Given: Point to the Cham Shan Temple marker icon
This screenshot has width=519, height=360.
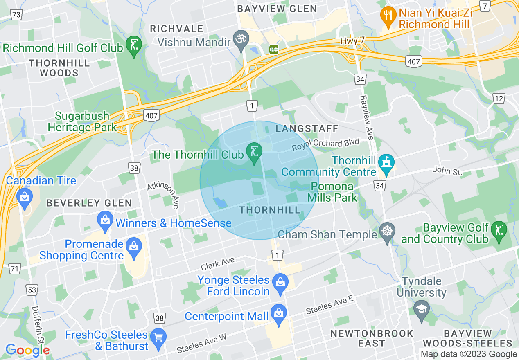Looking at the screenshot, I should [x=387, y=232].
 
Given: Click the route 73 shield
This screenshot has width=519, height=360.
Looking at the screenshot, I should [x=17, y=15].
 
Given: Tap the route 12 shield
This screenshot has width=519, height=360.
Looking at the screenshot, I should [x=499, y=98].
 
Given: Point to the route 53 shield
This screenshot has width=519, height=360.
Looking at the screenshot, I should [x=32, y=290].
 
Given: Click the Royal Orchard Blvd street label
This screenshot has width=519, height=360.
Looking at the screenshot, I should [x=325, y=144].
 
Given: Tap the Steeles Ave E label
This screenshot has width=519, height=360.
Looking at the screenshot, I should [x=329, y=305].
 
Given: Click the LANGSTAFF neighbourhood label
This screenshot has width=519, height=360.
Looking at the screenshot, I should [x=307, y=129].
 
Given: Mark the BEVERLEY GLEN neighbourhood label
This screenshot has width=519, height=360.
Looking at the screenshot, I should [x=89, y=203].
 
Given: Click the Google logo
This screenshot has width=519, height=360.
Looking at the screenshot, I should [x=27, y=350].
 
